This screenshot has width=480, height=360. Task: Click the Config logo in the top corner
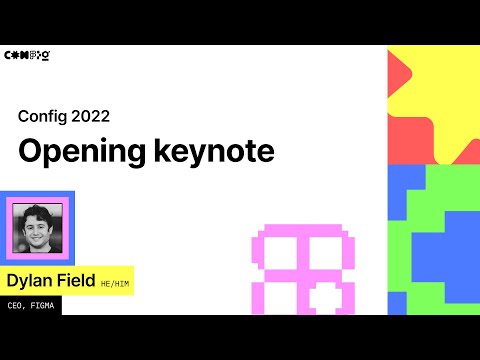(28, 55)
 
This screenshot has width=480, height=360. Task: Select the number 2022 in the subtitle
(90, 116)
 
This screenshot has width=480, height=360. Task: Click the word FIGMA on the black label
(43, 306)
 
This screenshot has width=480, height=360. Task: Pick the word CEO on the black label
(16, 306)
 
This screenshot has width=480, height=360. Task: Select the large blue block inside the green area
(445, 255)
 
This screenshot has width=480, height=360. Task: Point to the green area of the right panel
(410, 290)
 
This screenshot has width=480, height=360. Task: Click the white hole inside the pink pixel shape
(322, 296)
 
